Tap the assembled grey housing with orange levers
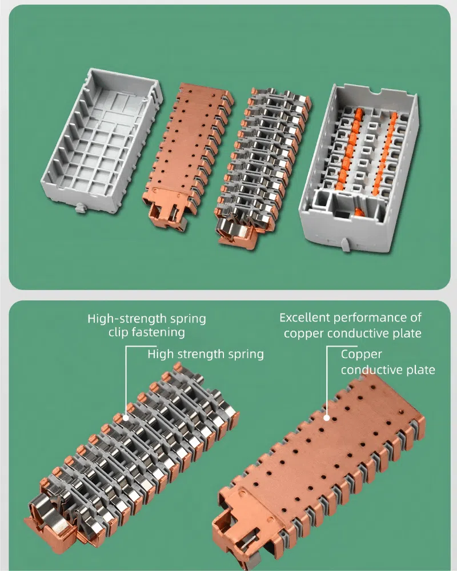(360, 166)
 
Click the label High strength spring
(206, 354)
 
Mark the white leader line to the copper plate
(327, 377)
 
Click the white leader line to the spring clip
(126, 377)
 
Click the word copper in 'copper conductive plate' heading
(303, 333)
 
